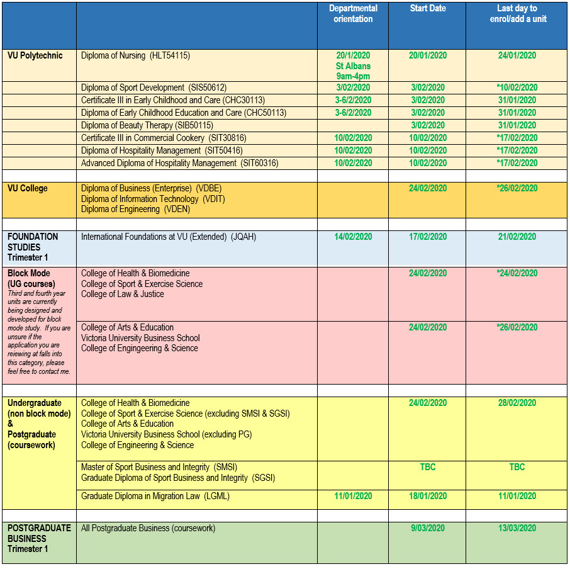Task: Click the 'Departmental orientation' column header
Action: click(353, 14)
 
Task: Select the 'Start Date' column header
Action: click(427, 9)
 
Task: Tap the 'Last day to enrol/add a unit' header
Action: click(517, 14)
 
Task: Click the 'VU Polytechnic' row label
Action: click(35, 55)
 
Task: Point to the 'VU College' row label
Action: click(28, 188)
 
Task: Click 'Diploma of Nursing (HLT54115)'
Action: click(135, 55)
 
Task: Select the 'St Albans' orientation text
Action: click(353, 66)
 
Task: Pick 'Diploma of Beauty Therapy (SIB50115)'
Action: click(147, 125)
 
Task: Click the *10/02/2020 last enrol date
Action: click(517, 87)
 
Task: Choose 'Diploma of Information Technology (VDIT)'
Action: click(153, 199)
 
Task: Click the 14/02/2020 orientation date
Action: click(353, 237)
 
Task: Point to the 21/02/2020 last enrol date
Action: click(517, 237)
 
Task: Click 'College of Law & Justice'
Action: click(123, 294)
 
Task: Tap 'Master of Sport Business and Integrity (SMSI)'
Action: click(159, 467)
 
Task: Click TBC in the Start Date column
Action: click(428, 467)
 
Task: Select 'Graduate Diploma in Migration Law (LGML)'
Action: click(155, 496)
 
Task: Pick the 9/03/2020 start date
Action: click(428, 528)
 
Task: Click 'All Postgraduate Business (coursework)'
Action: click(148, 528)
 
